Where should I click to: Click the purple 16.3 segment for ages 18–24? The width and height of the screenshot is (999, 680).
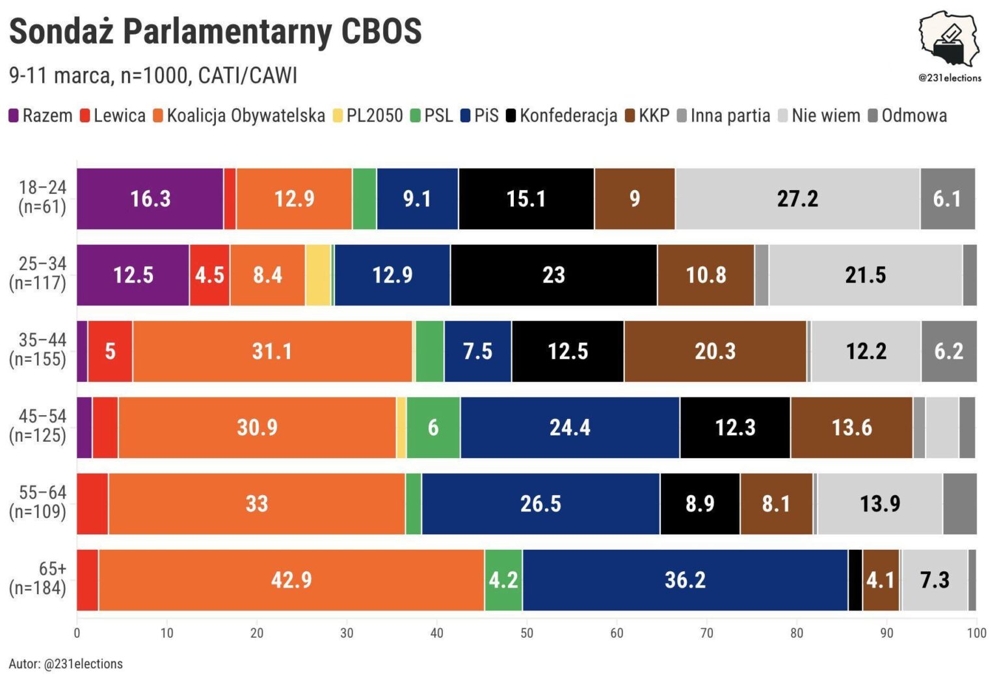[150, 198]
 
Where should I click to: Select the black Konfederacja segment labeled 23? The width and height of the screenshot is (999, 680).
[553, 275]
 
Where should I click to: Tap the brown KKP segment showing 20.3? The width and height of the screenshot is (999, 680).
[715, 351]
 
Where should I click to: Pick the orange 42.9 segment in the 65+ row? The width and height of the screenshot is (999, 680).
[291, 580]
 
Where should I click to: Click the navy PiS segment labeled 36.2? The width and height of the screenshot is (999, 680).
[685, 580]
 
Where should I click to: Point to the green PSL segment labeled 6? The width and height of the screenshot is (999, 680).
[433, 428]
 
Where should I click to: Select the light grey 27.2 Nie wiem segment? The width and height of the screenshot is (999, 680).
[797, 198]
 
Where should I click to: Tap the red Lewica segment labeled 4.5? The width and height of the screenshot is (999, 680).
[209, 275]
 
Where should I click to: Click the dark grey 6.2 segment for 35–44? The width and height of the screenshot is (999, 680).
[948, 351]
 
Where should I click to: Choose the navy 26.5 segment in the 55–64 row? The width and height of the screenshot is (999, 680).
[540, 504]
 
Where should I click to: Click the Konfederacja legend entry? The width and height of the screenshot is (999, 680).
[562, 116]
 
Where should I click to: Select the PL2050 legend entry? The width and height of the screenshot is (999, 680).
[368, 116]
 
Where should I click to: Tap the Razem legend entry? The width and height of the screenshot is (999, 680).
[40, 116]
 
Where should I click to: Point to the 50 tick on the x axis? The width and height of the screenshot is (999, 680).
[527, 633]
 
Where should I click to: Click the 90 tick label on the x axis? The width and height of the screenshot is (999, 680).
[886, 633]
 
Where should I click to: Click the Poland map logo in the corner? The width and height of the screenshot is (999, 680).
[949, 39]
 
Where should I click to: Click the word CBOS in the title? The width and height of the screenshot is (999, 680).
[381, 31]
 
